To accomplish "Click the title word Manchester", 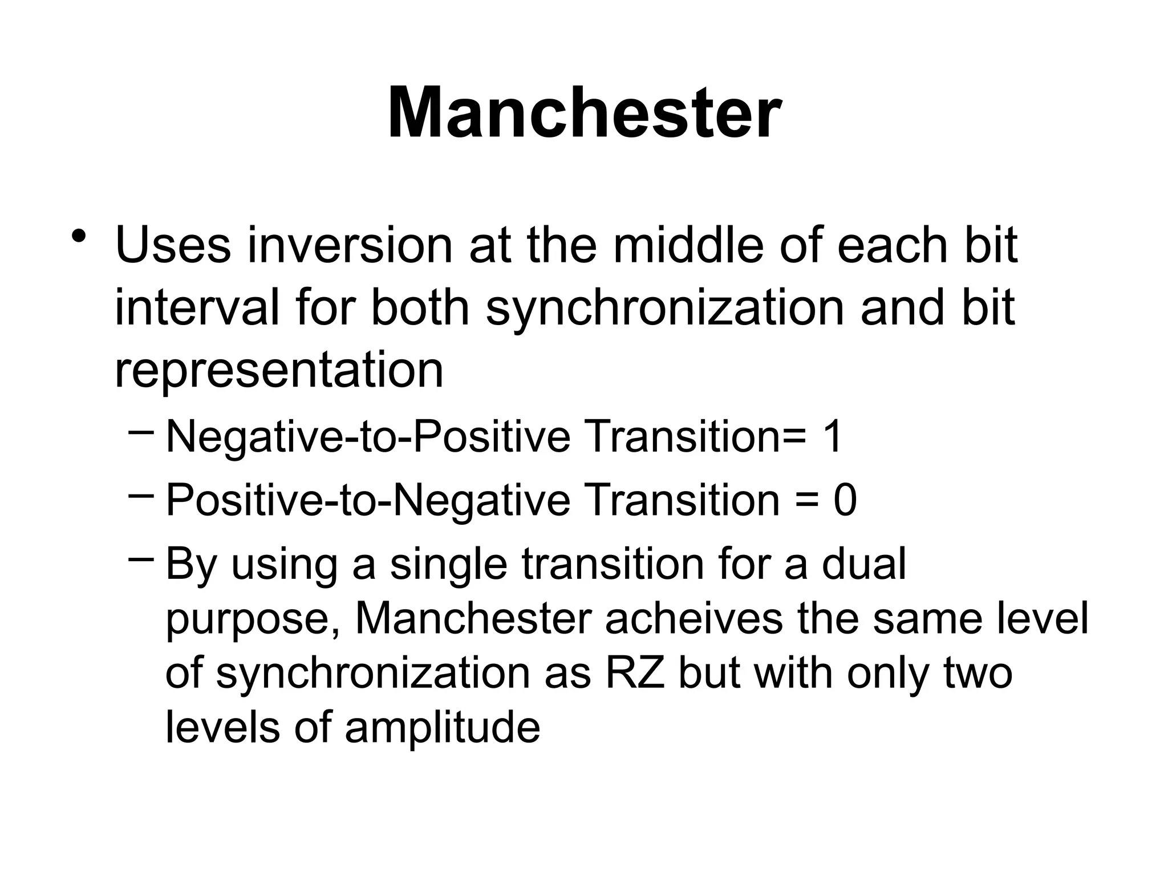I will [x=584, y=112].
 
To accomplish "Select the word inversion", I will [x=349, y=245].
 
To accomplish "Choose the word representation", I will [x=279, y=371].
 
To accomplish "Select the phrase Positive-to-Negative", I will [x=368, y=501].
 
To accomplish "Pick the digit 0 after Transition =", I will [x=845, y=501].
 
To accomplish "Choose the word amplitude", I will [x=442, y=728].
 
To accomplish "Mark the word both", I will [x=420, y=308].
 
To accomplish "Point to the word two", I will [x=978, y=673].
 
